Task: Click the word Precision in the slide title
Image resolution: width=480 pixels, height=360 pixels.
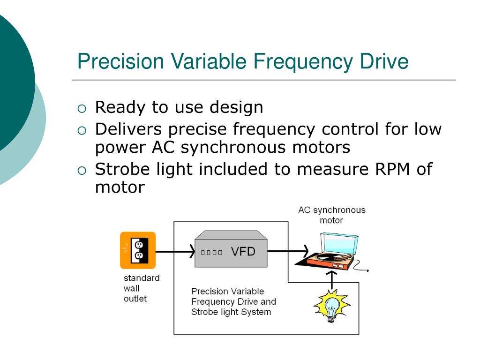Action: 120,62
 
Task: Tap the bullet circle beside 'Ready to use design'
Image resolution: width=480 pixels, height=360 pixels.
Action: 82,109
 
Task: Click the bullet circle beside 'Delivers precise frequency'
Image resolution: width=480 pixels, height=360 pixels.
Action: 82,131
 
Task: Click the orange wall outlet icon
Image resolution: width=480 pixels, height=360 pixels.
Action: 137,250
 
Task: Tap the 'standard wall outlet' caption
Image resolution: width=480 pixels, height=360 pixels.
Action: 141,288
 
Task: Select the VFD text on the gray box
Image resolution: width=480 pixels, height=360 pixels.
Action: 243,252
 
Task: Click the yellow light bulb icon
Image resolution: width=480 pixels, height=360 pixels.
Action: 332,306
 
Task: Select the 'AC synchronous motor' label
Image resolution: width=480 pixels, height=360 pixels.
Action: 331,215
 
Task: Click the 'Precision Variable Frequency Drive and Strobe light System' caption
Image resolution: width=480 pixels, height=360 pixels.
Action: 233,301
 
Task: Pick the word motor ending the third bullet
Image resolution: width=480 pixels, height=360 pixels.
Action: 120,188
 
